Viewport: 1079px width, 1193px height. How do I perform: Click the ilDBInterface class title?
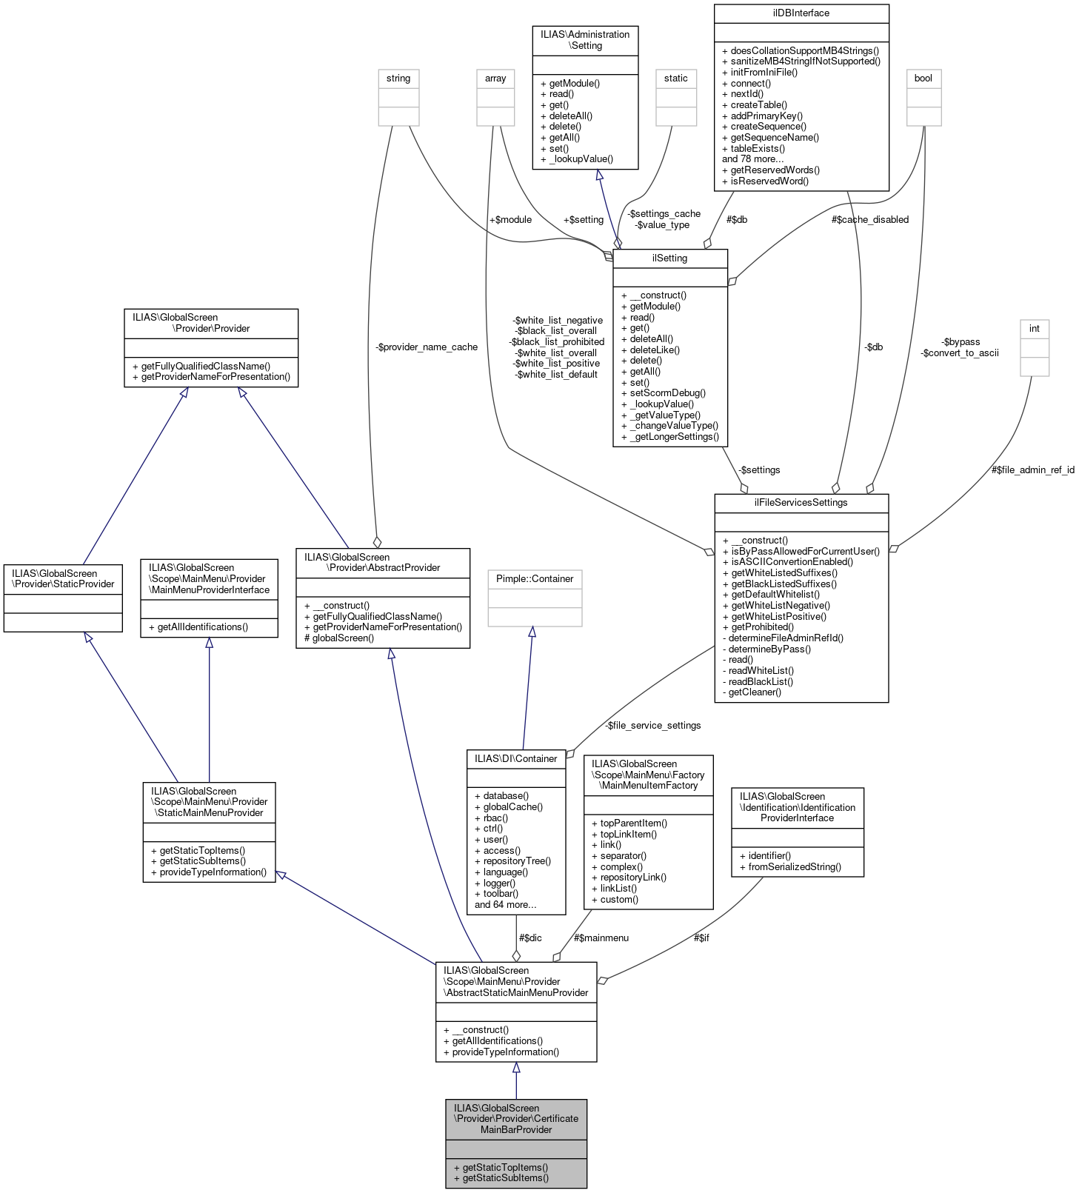pos(801,13)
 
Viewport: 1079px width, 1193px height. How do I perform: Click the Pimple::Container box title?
pos(535,578)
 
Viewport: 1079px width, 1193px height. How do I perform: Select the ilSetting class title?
pos(669,258)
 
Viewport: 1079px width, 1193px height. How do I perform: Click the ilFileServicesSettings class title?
pos(801,503)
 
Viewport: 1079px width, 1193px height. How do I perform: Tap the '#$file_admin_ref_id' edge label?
pos(1032,470)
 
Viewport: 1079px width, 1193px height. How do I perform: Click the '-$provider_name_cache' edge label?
pos(427,347)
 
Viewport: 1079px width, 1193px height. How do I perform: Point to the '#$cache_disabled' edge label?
pos(869,220)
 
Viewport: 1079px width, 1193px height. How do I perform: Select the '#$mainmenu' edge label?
pos(601,938)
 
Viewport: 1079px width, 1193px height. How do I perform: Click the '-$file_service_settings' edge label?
pos(652,726)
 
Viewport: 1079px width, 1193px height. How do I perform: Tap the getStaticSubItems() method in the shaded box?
pos(505,1177)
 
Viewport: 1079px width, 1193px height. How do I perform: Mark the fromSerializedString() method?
pos(795,867)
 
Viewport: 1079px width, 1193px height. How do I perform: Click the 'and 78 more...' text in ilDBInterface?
pos(752,159)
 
